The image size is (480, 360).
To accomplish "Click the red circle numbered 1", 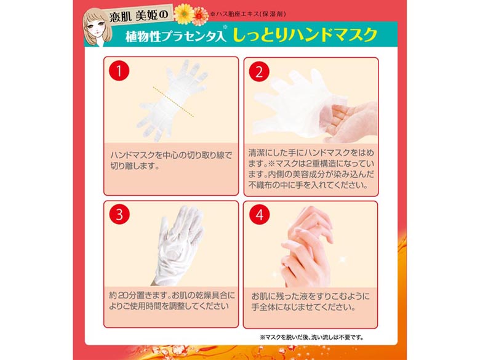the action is click(119, 71).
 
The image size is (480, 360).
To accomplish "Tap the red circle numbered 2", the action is click(259, 71).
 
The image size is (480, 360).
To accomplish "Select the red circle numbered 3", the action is click(119, 215).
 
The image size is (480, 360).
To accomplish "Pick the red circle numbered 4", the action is click(259, 215).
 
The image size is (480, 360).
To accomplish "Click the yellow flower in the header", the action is click(183, 14).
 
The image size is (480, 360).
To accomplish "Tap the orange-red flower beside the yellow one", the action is click(201, 16).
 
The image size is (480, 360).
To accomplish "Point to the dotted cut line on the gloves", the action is click(174, 102).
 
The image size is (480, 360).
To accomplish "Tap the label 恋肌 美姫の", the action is click(139, 15).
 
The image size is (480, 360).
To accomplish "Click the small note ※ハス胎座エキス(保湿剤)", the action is click(248, 14).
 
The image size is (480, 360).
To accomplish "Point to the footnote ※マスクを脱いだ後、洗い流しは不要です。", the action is click(311, 337).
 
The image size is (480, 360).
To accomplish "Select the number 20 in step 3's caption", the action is click(122, 296).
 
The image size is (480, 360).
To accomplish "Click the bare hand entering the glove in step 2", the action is click(349, 121).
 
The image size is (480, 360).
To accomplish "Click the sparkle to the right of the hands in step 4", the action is click(342, 260).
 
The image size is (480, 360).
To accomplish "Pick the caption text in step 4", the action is click(310, 302).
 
